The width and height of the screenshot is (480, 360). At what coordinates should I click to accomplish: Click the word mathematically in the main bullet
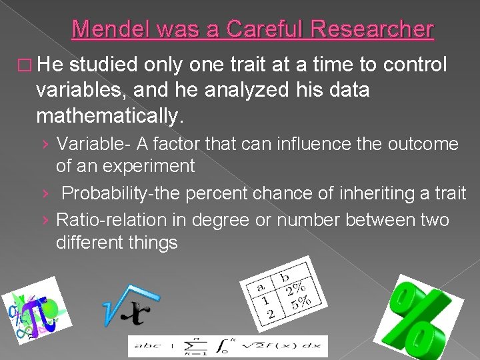tap(108, 117)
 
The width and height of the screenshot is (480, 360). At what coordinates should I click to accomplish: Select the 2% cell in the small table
tap(293, 291)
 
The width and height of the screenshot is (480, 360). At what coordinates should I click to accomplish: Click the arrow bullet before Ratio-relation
tap(45, 220)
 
